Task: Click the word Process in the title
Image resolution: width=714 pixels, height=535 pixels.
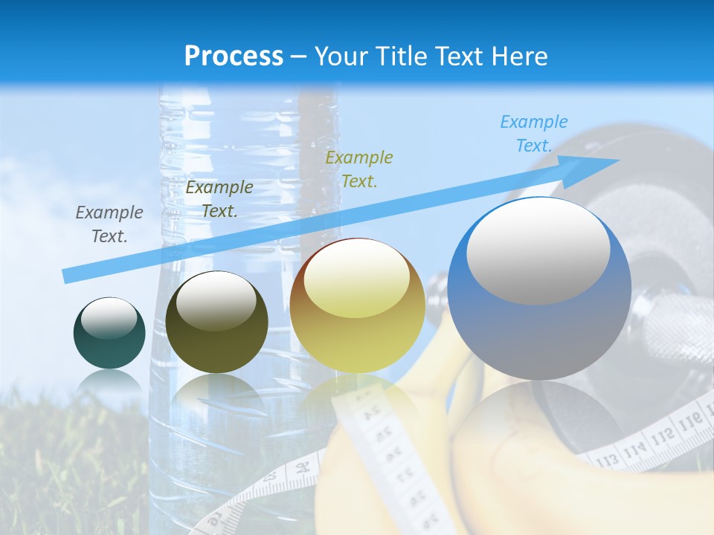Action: (234, 56)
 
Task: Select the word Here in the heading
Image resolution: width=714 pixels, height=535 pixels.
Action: (519, 56)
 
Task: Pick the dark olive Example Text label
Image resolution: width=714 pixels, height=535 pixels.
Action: (219, 199)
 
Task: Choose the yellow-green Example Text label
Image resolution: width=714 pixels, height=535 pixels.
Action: (359, 169)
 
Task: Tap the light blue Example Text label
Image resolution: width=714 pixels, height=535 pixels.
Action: (533, 134)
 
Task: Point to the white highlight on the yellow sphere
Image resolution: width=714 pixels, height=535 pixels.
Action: (356, 282)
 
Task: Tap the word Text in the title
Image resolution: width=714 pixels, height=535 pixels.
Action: (457, 56)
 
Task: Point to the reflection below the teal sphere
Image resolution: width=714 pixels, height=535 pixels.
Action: (109, 382)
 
